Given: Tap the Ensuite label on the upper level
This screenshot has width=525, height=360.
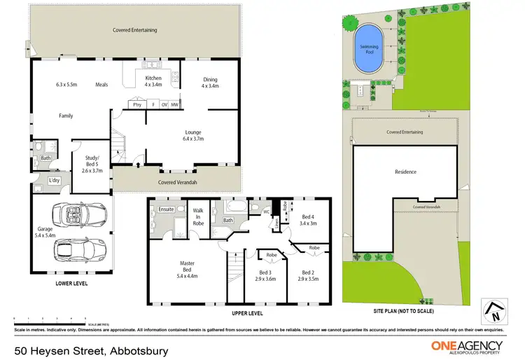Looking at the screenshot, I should (x=166, y=209).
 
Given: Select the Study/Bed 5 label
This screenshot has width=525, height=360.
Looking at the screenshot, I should (x=92, y=166).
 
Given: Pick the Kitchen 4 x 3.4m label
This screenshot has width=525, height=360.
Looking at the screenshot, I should (x=153, y=82).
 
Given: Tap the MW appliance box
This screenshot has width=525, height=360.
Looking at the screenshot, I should (x=174, y=105).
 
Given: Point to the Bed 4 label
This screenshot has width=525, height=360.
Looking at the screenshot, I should (x=309, y=220).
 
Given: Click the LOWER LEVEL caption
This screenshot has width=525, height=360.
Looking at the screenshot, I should (x=71, y=284).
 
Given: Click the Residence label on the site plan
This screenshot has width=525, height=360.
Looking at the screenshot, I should (x=405, y=172).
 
